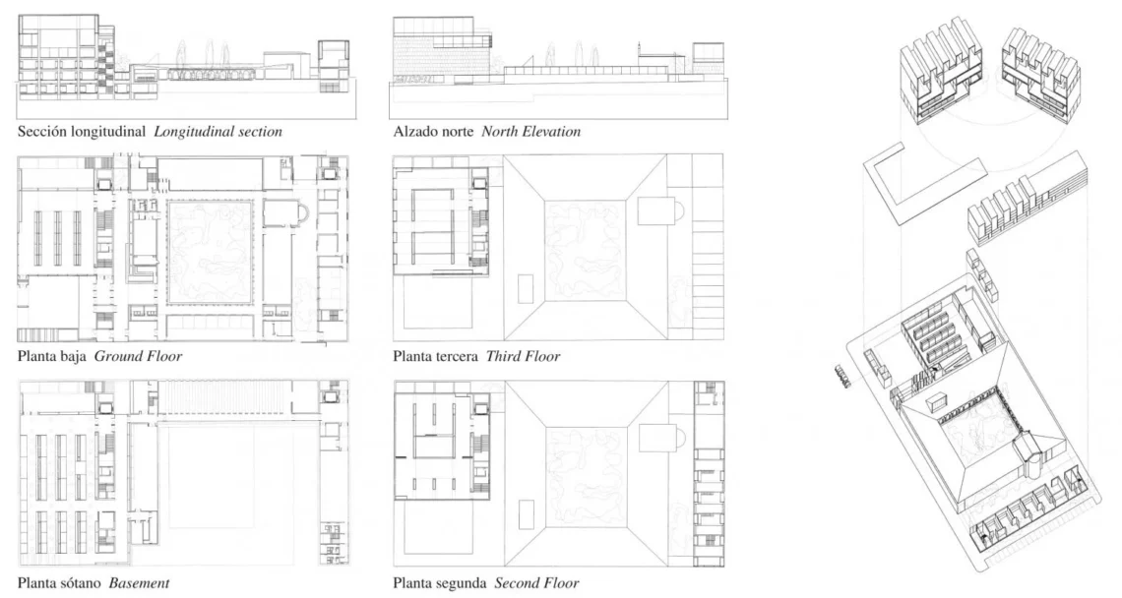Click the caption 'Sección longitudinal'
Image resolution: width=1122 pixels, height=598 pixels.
[82, 132]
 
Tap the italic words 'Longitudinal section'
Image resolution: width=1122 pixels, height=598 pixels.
[218, 132]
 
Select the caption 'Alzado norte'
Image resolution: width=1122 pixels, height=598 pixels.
[434, 132]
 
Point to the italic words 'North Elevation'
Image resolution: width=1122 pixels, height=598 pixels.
[530, 132]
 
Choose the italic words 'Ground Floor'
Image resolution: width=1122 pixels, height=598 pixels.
[138, 356]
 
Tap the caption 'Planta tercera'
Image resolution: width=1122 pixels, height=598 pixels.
[436, 356]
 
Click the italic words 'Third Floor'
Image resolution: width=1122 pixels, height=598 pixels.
[523, 356]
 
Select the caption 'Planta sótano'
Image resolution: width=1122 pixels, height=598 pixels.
[59, 583]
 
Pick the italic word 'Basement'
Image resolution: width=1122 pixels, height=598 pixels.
[140, 583]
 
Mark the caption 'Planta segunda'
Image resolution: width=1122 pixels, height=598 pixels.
[440, 583]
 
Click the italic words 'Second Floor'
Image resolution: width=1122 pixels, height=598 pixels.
[536, 583]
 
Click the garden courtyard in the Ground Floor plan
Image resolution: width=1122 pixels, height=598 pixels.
[211, 252]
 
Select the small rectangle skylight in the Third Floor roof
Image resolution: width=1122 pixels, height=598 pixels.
[527, 290]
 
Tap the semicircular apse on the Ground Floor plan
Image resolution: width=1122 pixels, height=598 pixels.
[305, 212]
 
